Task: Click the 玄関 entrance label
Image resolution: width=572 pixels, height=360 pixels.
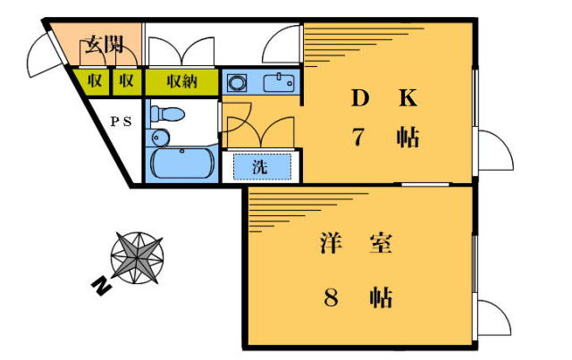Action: coord(104,46)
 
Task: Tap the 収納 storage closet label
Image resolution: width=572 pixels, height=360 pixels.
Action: coord(182,81)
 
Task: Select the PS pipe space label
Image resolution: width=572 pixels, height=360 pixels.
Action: coord(122,121)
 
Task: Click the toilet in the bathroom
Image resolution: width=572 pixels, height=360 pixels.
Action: coord(167,113)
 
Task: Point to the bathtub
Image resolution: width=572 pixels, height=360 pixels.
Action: coord(182,163)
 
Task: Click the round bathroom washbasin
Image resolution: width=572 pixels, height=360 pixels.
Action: coord(159,138)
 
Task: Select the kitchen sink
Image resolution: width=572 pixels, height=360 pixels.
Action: coord(279,83)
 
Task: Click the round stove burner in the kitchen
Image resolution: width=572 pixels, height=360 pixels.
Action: coord(237,83)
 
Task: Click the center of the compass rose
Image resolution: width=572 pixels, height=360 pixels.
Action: coord(137,258)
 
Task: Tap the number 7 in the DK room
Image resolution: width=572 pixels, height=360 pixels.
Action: coord(358,137)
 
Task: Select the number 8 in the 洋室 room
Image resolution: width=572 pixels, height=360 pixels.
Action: coord(332,297)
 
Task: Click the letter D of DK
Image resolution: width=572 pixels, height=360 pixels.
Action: coord(360,97)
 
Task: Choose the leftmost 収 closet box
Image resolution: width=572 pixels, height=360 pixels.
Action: coord(95,81)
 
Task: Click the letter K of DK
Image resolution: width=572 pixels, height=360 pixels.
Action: coord(408,97)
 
